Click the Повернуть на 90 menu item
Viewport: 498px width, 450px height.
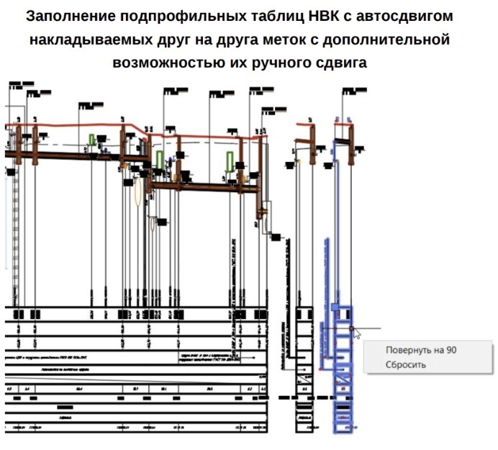point(421,349)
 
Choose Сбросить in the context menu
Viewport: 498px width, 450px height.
point(405,364)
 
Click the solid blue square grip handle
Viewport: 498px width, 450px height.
point(335,307)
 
